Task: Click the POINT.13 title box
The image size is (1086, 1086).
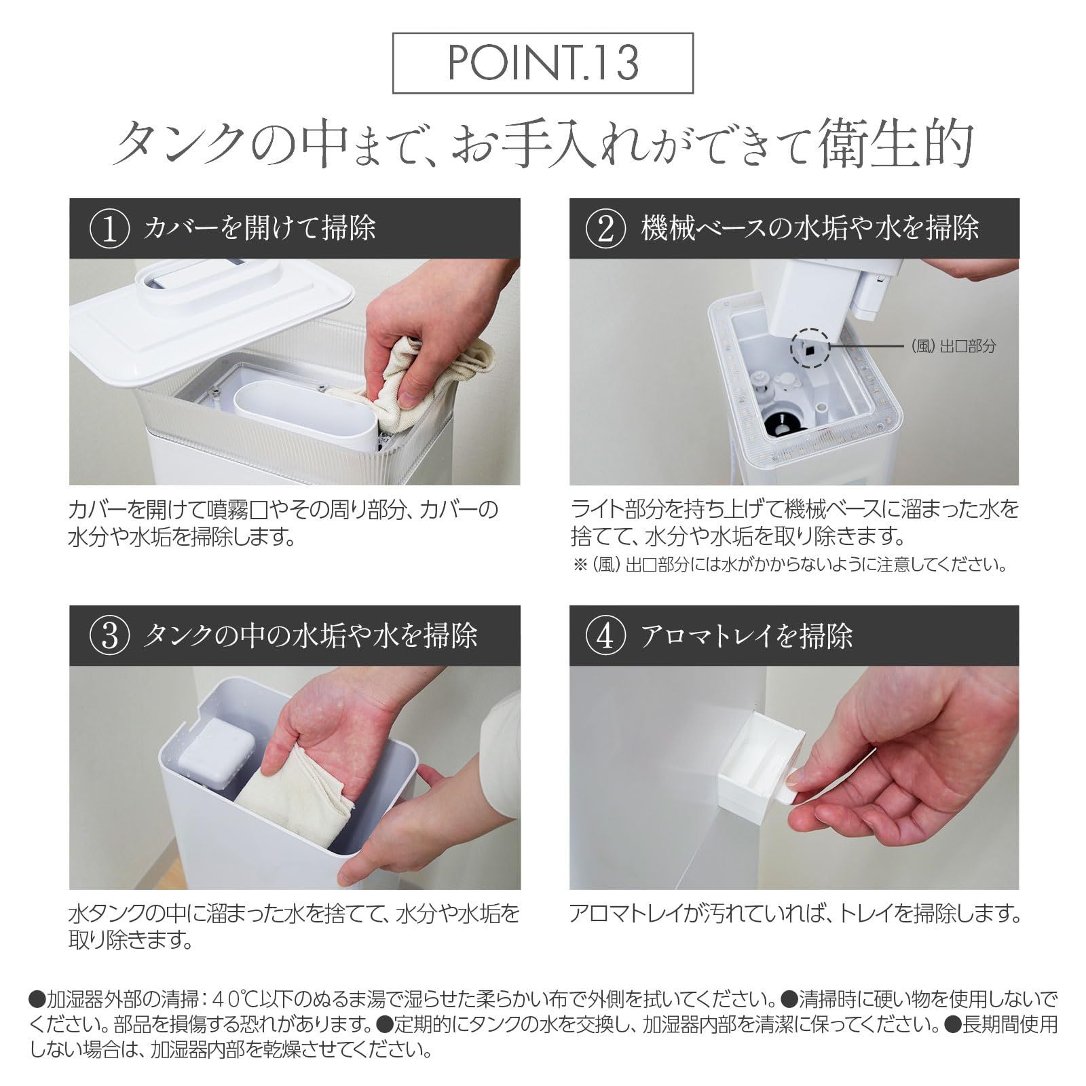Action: (543, 62)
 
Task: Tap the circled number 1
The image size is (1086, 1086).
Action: (109, 229)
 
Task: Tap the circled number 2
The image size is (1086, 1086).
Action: (605, 229)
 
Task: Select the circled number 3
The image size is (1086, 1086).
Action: (109, 636)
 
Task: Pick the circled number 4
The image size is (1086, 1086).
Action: (605, 636)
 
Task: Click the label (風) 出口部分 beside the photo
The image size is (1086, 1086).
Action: (954, 346)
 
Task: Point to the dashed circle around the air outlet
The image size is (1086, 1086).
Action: (810, 349)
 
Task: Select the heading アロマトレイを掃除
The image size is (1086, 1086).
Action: (747, 636)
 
